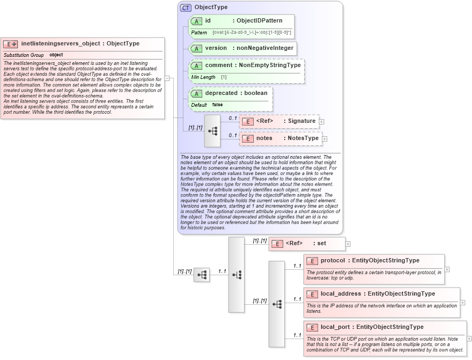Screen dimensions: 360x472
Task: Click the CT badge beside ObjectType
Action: (x=186, y=8)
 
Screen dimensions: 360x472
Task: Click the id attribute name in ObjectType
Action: (x=208, y=21)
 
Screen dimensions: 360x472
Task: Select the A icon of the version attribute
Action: (x=196, y=48)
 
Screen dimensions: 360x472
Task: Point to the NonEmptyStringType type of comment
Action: (x=269, y=65)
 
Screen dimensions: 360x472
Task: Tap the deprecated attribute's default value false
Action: (x=217, y=105)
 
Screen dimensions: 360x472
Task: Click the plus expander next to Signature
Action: (x=322, y=122)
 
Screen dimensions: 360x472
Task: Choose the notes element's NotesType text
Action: (x=303, y=138)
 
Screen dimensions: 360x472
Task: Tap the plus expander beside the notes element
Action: (x=324, y=139)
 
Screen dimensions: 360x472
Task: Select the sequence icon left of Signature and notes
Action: (x=212, y=130)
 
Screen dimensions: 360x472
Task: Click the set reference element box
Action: (x=307, y=244)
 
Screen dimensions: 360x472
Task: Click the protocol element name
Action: (x=333, y=261)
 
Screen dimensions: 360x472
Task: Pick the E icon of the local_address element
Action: (x=312, y=294)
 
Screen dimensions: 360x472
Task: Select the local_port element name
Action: (x=335, y=327)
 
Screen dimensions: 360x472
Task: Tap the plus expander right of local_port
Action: (x=469, y=339)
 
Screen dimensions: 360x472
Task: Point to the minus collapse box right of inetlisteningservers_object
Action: (x=167, y=78)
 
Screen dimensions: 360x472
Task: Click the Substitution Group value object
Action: (x=56, y=55)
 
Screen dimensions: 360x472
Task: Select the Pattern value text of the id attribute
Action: (x=252, y=33)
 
